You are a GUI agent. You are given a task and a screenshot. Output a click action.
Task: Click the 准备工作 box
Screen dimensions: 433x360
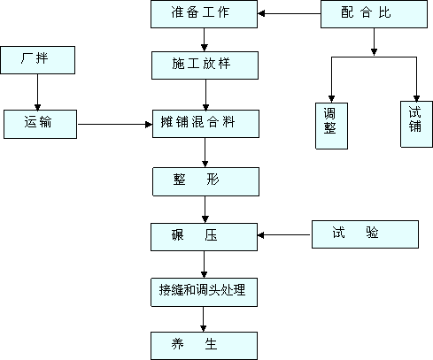(204, 14)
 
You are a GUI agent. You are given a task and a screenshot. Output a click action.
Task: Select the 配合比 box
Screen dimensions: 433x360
(374, 14)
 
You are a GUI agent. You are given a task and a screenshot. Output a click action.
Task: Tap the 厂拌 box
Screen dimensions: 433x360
(38, 60)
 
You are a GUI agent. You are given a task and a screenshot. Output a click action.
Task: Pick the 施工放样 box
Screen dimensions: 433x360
(205, 65)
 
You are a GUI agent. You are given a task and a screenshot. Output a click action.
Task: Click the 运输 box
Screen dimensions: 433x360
(40, 124)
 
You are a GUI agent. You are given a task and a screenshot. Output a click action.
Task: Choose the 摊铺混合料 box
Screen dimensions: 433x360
(205, 124)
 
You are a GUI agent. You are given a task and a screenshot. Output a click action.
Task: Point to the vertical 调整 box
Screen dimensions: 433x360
(331, 126)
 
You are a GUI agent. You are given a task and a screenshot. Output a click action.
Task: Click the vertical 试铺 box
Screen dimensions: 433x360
(416, 124)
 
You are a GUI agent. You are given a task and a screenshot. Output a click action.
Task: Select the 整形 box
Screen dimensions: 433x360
(205, 181)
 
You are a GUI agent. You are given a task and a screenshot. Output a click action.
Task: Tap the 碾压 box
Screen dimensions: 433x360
(204, 237)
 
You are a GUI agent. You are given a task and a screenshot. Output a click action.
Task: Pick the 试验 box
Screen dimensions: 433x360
(365, 234)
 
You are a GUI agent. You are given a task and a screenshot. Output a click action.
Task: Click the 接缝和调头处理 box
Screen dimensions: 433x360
(204, 292)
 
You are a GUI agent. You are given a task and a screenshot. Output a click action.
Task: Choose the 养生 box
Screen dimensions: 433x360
(204, 346)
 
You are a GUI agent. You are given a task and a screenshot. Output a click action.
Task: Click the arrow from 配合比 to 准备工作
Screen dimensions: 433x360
(290, 13)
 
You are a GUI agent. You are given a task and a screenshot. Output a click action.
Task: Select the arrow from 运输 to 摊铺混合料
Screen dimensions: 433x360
(115, 125)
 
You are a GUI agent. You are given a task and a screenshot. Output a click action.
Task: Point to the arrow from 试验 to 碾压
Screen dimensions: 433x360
(284, 235)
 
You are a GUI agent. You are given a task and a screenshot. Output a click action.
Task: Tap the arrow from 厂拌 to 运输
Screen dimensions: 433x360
(37, 92)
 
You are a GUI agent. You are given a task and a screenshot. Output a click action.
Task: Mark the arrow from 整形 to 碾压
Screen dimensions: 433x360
(205, 210)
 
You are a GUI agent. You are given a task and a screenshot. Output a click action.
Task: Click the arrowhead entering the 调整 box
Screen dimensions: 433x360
(331, 99)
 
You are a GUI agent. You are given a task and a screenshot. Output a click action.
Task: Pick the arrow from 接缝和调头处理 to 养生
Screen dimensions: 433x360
(203, 319)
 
